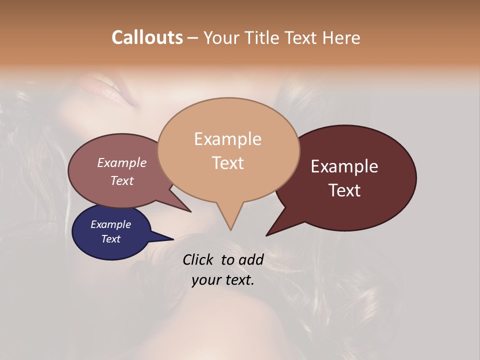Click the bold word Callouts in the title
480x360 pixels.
(147, 37)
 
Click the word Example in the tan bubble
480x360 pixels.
(227, 139)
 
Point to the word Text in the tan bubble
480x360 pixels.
(227, 163)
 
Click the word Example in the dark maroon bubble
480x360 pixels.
(344, 166)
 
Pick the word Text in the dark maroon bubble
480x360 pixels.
(344, 190)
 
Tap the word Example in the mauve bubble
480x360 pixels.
(122, 162)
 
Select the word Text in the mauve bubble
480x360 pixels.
(122, 180)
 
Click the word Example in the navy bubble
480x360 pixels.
(111, 224)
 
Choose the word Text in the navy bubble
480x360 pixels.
(111, 239)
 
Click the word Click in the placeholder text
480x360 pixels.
(198, 259)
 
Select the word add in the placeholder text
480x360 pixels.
(250, 259)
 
